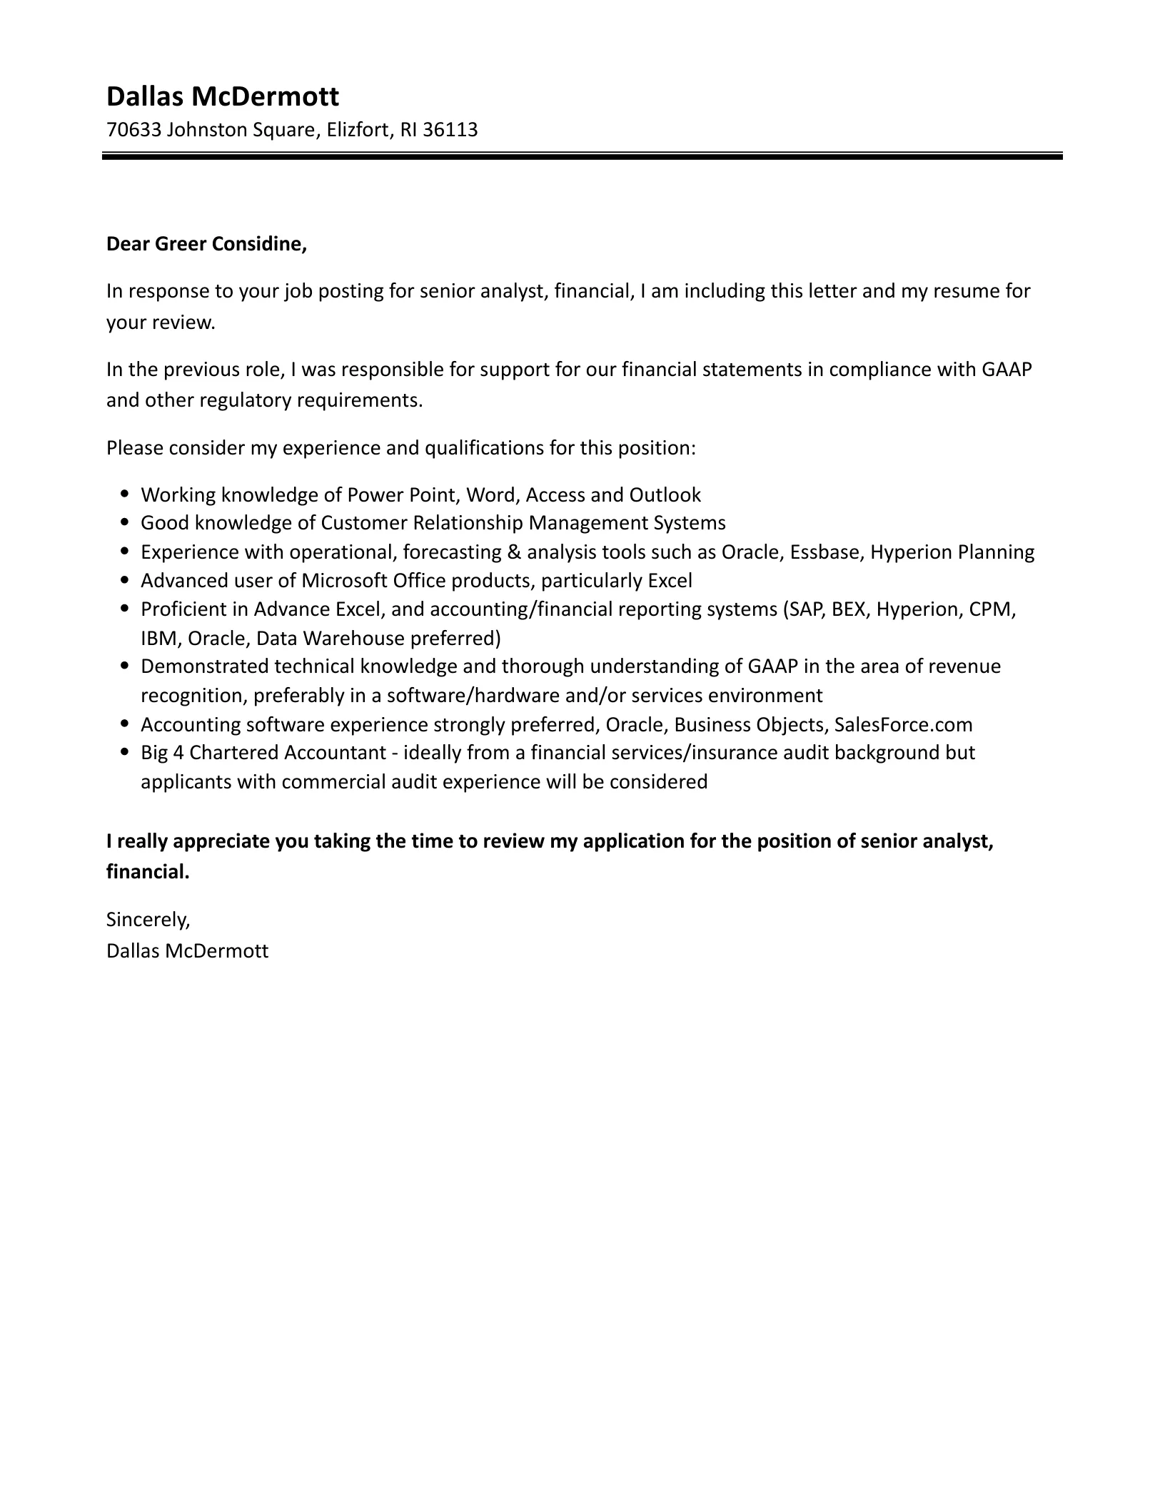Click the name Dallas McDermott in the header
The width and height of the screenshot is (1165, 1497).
pos(223,96)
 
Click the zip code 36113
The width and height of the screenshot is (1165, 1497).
pos(450,130)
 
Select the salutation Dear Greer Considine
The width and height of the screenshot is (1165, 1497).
pos(206,244)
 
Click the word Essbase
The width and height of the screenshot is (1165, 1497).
pos(827,552)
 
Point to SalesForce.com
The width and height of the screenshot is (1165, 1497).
pos(903,724)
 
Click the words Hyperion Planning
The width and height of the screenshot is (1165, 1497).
pos(952,552)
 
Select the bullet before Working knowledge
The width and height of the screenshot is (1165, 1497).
pos(125,493)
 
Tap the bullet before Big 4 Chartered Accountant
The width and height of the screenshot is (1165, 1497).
pos(125,751)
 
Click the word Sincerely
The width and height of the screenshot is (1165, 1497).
pos(148,920)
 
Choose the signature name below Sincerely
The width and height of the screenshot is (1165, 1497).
pos(187,950)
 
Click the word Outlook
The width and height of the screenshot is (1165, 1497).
pos(665,494)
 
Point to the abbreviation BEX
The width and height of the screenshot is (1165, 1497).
pos(848,609)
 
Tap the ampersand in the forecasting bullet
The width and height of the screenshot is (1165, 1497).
pos(511,552)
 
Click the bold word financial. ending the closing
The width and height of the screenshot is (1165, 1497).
pos(148,872)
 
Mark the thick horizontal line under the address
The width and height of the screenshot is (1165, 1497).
pos(582,156)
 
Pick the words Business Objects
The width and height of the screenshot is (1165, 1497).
pos(749,724)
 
